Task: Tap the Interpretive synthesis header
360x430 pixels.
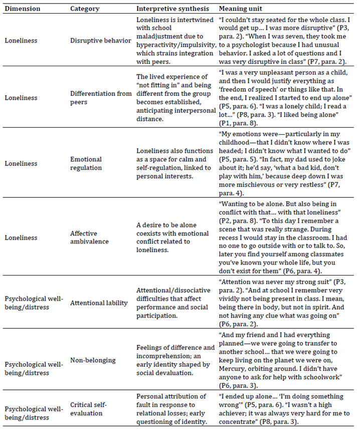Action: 169,9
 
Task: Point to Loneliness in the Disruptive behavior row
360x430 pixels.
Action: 19,41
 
